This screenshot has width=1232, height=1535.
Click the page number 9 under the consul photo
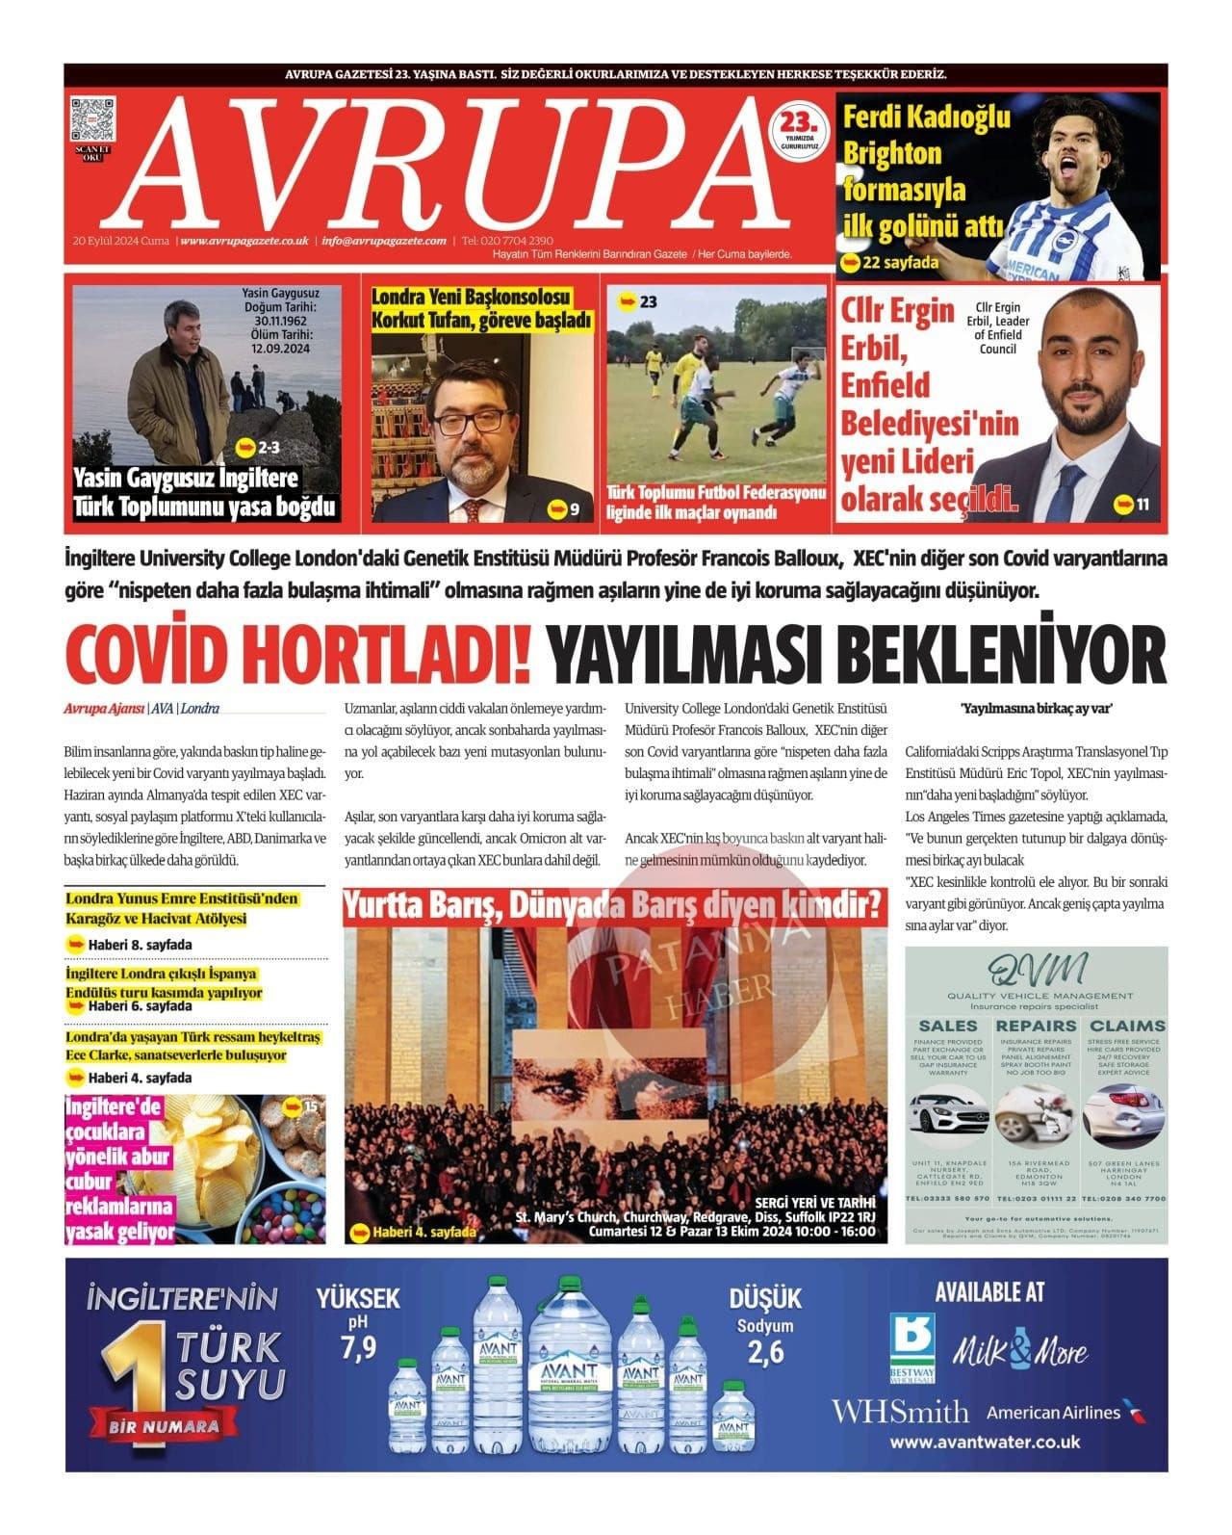pyautogui.click(x=574, y=509)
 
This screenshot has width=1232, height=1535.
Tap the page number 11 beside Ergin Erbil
pyautogui.click(x=1142, y=504)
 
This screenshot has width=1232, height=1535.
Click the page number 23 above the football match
pyautogui.click(x=648, y=302)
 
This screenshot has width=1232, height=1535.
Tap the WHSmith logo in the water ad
pyautogui.click(x=900, y=1413)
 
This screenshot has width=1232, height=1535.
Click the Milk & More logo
pyautogui.click(x=1020, y=1351)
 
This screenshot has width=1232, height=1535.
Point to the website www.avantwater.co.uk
pyautogui.click(x=985, y=1443)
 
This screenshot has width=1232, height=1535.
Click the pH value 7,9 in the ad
pyautogui.click(x=358, y=1348)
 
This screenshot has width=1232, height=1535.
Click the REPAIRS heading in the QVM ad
pyautogui.click(x=1036, y=1027)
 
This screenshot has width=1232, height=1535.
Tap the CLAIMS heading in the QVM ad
pyautogui.click(x=1126, y=1027)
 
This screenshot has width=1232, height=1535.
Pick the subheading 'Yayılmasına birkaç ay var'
pyautogui.click(x=1036, y=709)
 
